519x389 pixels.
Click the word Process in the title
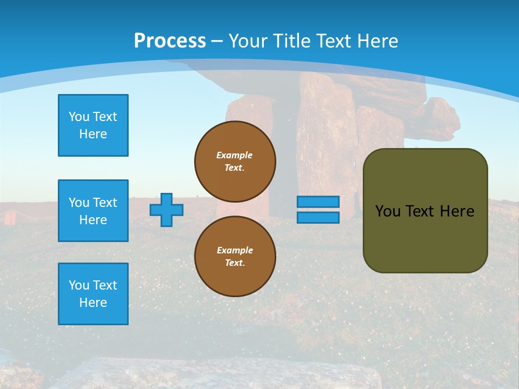(170, 41)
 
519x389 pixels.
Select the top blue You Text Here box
(93, 125)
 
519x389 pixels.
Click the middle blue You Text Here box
(93, 211)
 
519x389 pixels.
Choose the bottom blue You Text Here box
(93, 294)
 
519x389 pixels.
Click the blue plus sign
(167, 210)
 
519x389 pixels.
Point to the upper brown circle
(235, 162)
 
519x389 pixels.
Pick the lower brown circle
(235, 257)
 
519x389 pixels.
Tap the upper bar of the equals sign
(318, 202)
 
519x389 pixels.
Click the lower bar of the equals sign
(318, 218)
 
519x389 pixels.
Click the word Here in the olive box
(457, 211)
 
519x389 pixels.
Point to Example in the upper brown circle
(234, 155)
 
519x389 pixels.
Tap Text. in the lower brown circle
(235, 263)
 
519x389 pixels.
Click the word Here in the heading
(376, 41)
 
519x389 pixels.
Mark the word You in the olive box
(388, 211)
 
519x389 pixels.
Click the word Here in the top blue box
(93, 134)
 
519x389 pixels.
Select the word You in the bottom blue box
(79, 285)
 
